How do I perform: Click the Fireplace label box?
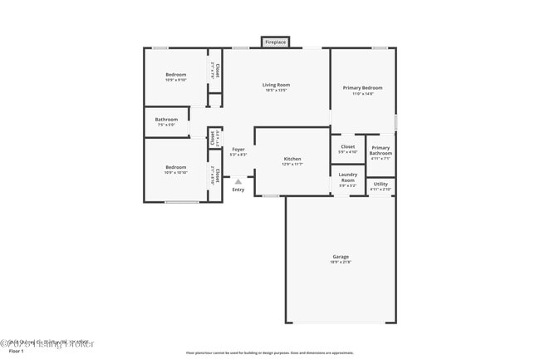pos(275,42)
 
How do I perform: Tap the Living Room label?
pos(276,85)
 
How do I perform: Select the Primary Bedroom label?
pos(362,87)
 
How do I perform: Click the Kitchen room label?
pos(292,158)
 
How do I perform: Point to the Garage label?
pos(341,257)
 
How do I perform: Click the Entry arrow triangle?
pos(238,181)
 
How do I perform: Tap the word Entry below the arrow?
pos(238,190)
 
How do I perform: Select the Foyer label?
pos(238,149)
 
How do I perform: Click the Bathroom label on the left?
pos(166,120)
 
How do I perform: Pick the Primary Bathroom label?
pos(380,150)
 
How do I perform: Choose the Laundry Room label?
pos(347,177)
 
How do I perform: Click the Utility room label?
pos(380,184)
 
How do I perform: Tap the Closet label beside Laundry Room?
pos(347,146)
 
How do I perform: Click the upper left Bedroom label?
pos(175,75)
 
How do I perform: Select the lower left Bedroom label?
pos(175,166)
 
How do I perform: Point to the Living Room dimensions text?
pos(276,91)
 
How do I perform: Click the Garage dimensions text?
pos(341,263)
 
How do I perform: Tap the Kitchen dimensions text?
pos(292,164)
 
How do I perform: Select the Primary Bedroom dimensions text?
pos(362,93)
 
